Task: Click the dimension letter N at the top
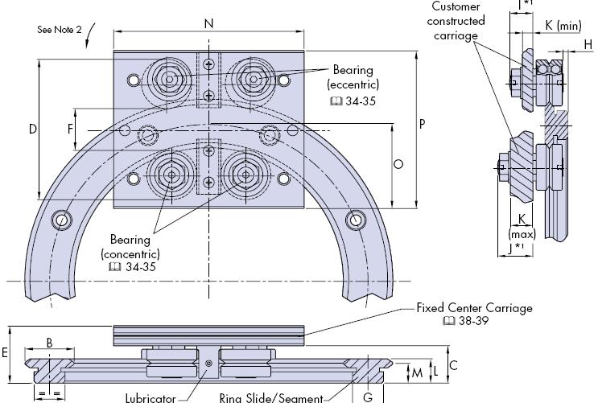click(208, 23)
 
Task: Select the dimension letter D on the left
click(33, 129)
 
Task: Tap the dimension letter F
click(71, 129)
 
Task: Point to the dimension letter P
click(423, 125)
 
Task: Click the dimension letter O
click(398, 164)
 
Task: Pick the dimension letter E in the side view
click(5, 352)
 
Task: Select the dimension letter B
click(49, 343)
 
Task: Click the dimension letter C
click(454, 365)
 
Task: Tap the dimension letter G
click(368, 397)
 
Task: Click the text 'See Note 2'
click(60, 30)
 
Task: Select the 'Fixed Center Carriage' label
click(474, 308)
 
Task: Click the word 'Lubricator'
click(151, 398)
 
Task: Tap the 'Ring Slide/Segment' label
click(270, 398)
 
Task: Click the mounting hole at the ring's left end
click(61, 220)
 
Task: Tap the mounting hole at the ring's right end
click(355, 219)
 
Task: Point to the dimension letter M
click(416, 373)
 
